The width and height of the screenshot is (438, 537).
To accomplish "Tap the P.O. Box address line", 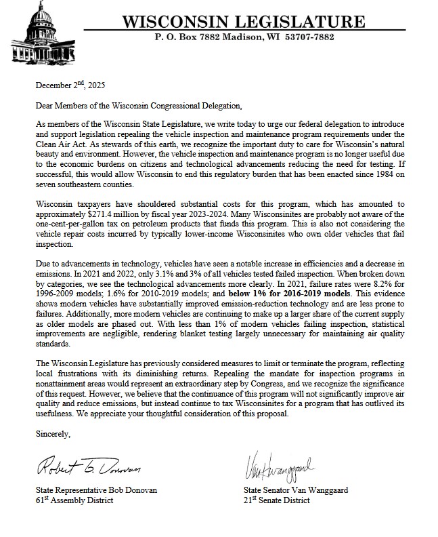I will (244, 37).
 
